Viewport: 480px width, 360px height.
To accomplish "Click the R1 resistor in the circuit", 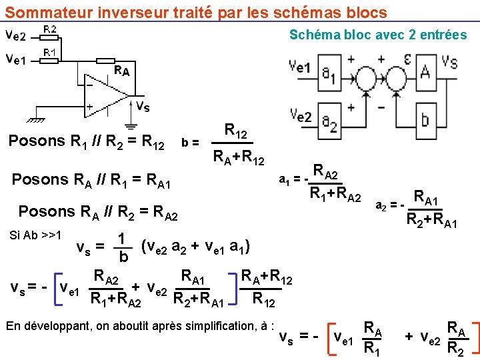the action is coord(51,60).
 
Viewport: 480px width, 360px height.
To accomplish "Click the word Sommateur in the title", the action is coord(49,13).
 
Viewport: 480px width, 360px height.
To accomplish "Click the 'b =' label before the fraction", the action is coord(189,142).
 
